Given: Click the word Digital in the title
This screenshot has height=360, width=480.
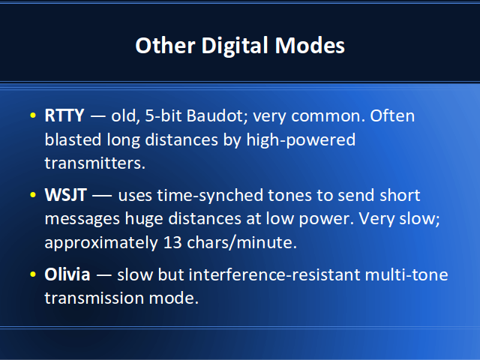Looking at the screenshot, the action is [x=235, y=46].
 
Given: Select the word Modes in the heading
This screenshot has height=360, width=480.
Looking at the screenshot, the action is [x=310, y=46].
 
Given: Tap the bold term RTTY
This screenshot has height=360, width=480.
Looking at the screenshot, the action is [x=64, y=115].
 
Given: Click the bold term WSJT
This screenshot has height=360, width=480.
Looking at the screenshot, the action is [x=65, y=195].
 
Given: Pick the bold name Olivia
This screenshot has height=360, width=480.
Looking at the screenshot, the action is [x=67, y=274].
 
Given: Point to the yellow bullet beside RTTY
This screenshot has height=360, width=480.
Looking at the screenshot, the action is [x=33, y=115].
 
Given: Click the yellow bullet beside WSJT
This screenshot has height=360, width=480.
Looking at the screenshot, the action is [x=33, y=195].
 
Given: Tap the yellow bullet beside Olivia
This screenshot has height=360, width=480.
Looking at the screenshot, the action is [x=33, y=274].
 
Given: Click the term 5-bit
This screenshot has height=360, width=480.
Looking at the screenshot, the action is [x=163, y=115].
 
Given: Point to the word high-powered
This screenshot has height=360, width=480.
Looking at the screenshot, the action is [x=301, y=140].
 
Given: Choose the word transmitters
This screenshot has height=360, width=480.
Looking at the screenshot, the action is [x=95, y=163].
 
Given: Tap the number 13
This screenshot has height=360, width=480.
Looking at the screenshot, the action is [x=172, y=243].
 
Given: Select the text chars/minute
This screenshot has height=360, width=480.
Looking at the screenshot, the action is [x=241, y=242].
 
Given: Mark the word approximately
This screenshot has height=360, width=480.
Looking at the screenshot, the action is [x=101, y=243].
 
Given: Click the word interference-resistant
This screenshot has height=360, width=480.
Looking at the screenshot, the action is [x=274, y=274].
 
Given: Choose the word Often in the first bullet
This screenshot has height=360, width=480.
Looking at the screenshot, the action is [x=392, y=115].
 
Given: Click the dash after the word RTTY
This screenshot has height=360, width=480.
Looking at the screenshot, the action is [x=97, y=117].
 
